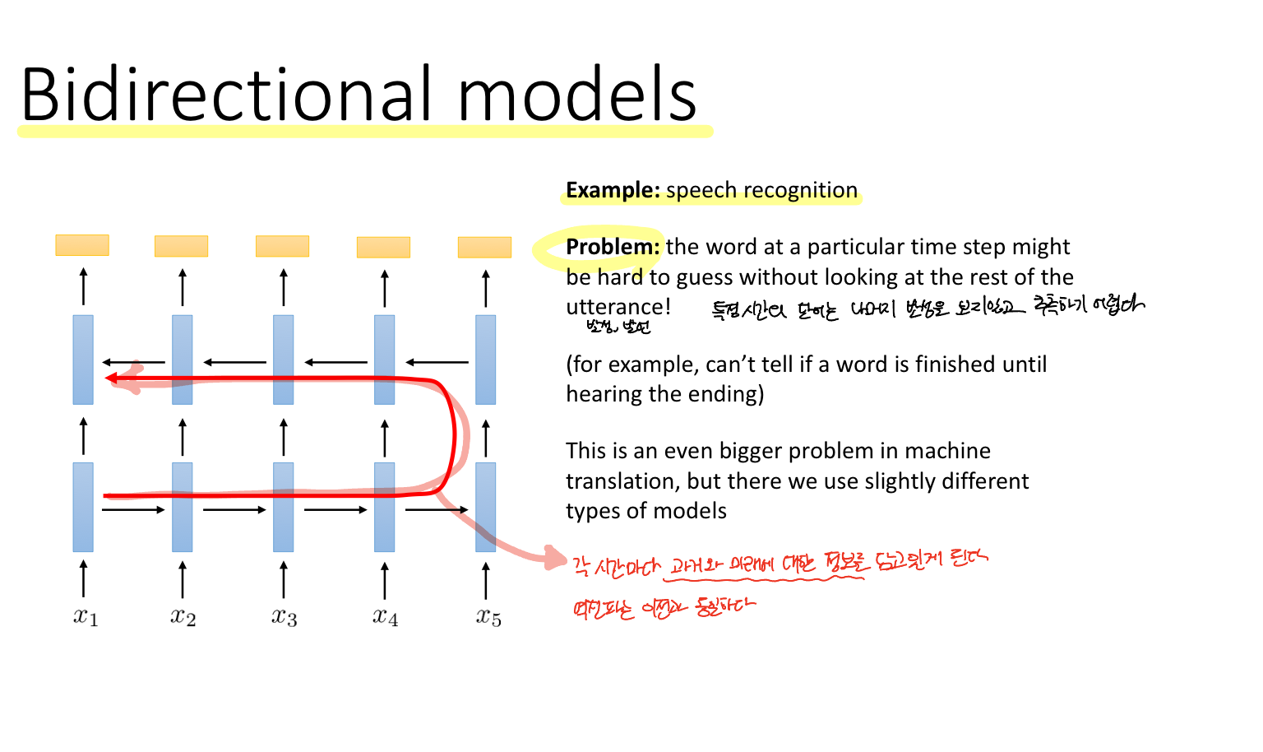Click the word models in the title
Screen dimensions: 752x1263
point(576,94)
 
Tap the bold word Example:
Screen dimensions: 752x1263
point(613,190)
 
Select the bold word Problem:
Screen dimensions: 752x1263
point(613,247)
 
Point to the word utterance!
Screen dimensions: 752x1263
point(618,307)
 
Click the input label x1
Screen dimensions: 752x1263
point(85,616)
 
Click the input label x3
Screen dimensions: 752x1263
point(284,616)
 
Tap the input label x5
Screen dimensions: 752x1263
point(488,616)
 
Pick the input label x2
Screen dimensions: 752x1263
point(183,616)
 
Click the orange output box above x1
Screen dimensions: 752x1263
point(82,245)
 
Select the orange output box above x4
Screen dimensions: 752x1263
point(383,247)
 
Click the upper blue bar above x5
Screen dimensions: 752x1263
point(485,360)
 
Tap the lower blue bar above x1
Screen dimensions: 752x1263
point(83,507)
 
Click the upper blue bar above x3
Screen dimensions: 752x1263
point(283,360)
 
